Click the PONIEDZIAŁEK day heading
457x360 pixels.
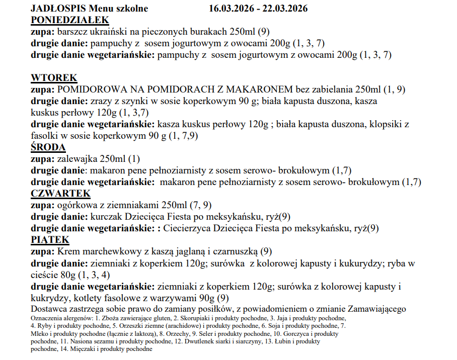pyautogui.click(x=70, y=20)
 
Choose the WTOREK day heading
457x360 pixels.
pyautogui.click(x=54, y=78)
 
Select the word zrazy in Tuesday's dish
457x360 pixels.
pyautogui.click(x=100, y=101)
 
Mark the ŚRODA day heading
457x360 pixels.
pyautogui.click(x=48, y=147)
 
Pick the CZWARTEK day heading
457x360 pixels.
pyautogui.click(x=60, y=194)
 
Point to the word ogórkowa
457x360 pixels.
pyautogui.click(x=74, y=205)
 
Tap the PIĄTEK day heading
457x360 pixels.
pyautogui.click(x=50, y=240)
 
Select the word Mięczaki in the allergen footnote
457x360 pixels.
pyautogui.click(x=82, y=349)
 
